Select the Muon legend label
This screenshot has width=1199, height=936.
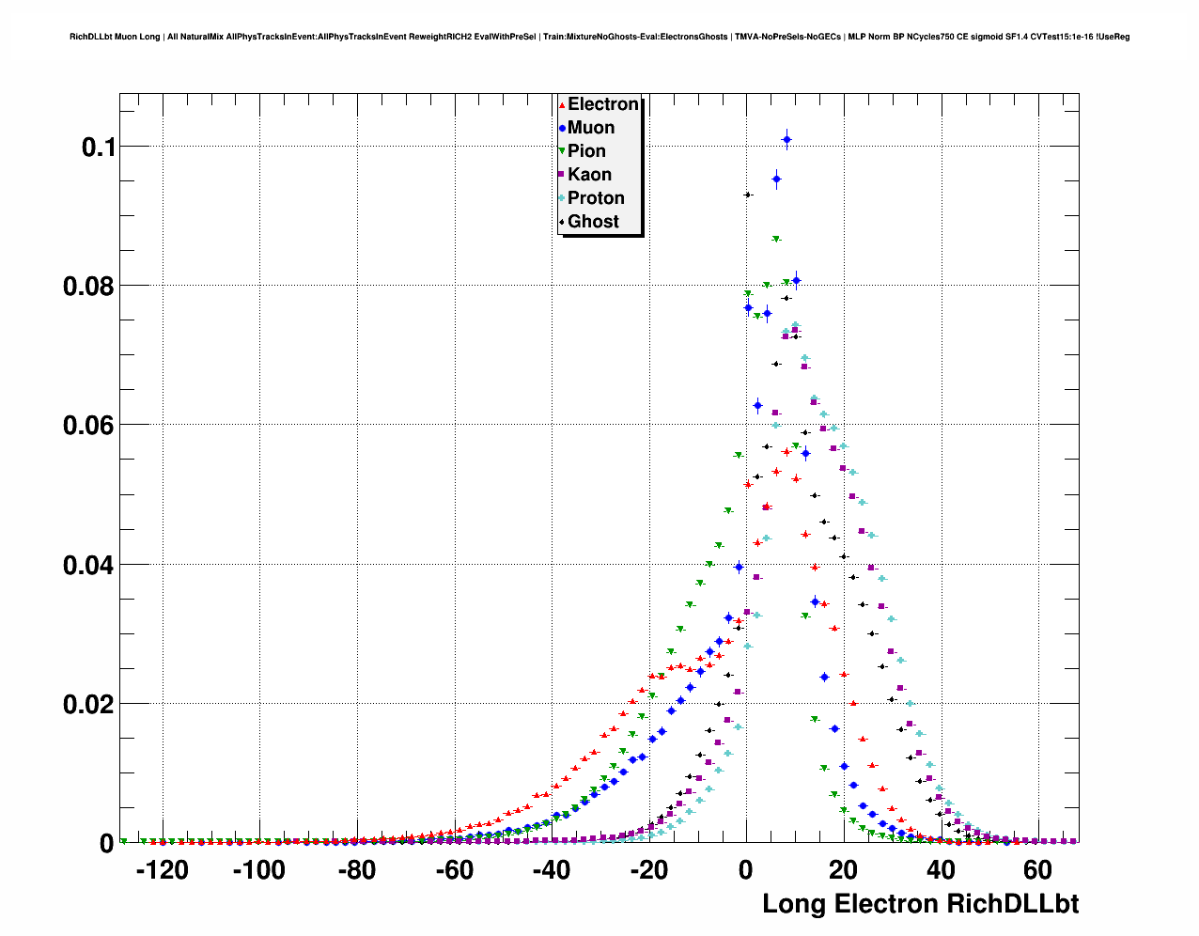click(591, 128)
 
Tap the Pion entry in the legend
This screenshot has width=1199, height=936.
click(586, 151)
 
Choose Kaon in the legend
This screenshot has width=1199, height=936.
click(589, 175)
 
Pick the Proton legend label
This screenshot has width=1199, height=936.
click(596, 198)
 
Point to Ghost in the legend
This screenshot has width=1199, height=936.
click(593, 222)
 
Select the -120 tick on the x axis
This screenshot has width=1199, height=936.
click(163, 871)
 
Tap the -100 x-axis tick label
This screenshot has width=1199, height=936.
click(258, 871)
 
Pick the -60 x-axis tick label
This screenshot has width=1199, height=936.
click(454, 871)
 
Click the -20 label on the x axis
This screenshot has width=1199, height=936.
click(648, 871)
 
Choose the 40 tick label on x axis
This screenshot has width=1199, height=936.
click(941, 871)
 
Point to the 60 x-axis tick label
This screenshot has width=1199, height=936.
click(1037, 871)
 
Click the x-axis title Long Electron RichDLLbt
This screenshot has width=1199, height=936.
click(920, 904)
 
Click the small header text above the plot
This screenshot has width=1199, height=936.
click(599, 37)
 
